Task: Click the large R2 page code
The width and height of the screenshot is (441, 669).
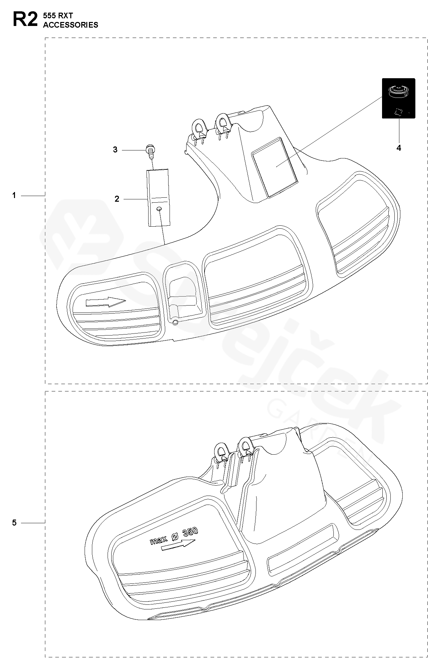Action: pyautogui.click(x=25, y=19)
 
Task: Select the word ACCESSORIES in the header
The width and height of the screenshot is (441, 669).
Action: pyautogui.click(x=71, y=25)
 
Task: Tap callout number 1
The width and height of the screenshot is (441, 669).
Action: pyautogui.click(x=14, y=196)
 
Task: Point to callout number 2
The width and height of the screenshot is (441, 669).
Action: pyautogui.click(x=117, y=199)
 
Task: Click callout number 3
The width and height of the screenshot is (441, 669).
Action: pyautogui.click(x=115, y=150)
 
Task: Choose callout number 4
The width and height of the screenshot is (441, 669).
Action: pyautogui.click(x=399, y=148)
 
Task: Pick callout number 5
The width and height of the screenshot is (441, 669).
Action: pyautogui.click(x=14, y=523)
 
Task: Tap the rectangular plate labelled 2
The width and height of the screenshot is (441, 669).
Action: pyautogui.click(x=159, y=198)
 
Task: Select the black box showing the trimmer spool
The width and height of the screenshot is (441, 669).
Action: pyautogui.click(x=398, y=98)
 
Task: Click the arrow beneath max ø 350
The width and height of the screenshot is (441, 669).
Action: pyautogui.click(x=178, y=545)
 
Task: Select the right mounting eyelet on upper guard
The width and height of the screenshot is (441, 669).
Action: pyautogui.click(x=222, y=122)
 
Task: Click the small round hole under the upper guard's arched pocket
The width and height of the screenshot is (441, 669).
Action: pyautogui.click(x=175, y=322)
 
